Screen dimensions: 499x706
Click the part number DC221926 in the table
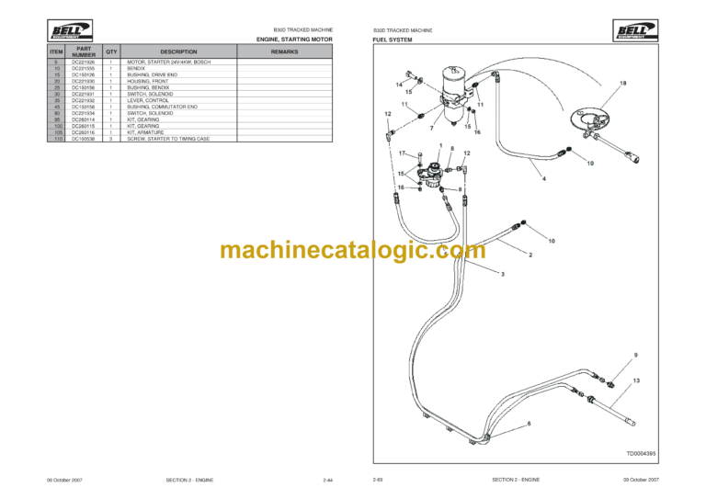tap(84, 62)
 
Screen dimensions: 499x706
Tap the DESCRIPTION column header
tap(179, 51)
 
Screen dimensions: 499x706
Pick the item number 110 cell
tap(57, 138)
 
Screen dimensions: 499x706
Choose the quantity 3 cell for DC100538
tap(111, 138)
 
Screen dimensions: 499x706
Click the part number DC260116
tap(84, 131)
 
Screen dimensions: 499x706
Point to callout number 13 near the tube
tap(636, 380)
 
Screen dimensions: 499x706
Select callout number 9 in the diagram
tap(635, 355)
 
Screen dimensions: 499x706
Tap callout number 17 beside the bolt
tap(402, 153)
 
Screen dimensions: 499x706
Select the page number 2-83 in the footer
tap(377, 480)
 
